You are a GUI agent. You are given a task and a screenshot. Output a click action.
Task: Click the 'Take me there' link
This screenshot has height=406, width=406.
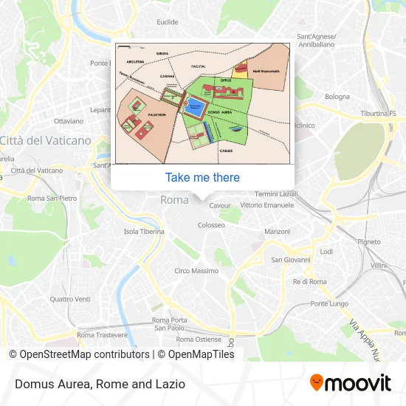202,177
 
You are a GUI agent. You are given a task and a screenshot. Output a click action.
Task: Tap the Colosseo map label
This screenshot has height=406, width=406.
210,224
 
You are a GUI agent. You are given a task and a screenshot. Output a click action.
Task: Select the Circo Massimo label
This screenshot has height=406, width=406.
196,272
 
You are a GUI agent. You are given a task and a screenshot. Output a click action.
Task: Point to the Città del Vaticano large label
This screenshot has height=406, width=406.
46,140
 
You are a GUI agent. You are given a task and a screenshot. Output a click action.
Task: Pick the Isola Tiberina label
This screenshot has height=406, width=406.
143,232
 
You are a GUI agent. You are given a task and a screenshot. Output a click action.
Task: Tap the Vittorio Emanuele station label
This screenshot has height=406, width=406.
266,204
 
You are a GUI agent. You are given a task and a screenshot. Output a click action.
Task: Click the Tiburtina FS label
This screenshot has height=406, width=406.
378,114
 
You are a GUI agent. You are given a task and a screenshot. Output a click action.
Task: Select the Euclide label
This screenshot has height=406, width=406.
168,22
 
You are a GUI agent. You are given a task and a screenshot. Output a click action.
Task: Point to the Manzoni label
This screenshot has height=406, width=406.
278,232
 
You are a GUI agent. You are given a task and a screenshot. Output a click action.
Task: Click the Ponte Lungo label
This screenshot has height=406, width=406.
329,304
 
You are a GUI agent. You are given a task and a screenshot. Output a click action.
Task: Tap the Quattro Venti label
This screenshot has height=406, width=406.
70,299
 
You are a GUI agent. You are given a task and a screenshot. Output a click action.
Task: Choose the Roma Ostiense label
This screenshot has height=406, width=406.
198,340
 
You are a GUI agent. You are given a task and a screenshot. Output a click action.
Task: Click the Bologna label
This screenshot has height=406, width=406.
337,97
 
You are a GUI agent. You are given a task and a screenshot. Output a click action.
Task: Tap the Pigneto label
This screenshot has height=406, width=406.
369,241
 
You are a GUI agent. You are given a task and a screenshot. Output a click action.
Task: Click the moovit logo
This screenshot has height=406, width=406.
350,382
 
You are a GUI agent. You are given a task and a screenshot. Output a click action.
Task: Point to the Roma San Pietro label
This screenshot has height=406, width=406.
52,199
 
